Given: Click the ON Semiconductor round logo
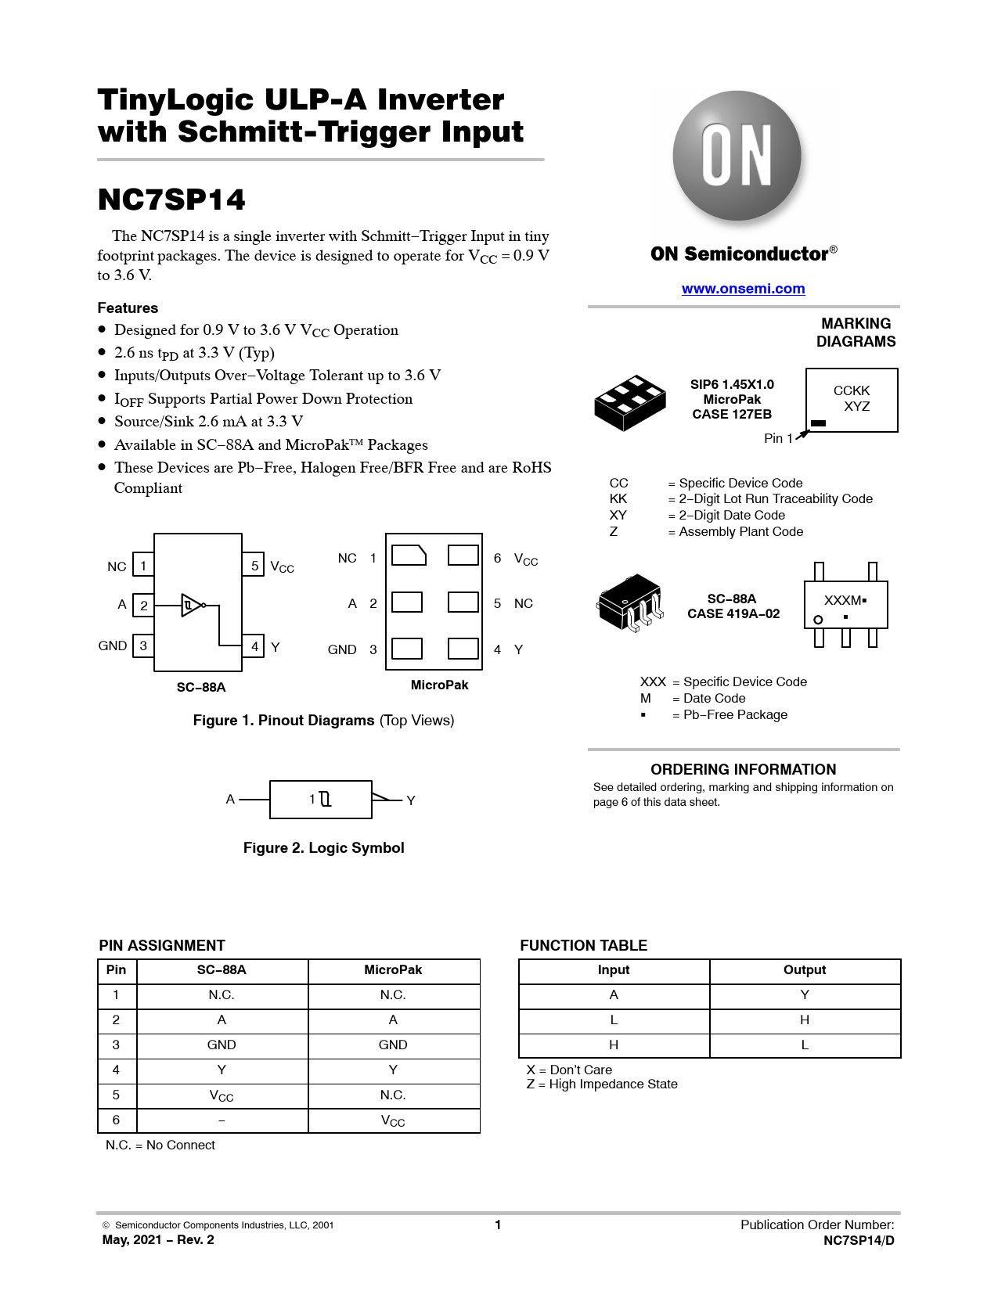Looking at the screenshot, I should click(x=737, y=156).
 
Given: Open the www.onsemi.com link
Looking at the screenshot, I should click(x=743, y=289).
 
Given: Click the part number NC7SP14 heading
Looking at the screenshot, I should click(x=171, y=200).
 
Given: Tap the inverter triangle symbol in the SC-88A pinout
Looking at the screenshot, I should click(x=191, y=605).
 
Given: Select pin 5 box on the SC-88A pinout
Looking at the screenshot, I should click(x=254, y=565).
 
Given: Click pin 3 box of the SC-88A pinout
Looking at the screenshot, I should click(x=143, y=645).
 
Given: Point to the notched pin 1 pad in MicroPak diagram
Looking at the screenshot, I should click(x=408, y=556).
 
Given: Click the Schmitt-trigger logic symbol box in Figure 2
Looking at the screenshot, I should click(x=320, y=799).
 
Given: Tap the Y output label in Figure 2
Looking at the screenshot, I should click(x=411, y=800).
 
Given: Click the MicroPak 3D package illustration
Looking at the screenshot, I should click(x=629, y=402).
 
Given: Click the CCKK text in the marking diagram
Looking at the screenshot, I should click(x=852, y=390).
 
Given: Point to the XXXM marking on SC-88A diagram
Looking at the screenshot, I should click(x=843, y=600).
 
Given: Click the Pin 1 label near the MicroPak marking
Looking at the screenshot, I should click(x=778, y=438).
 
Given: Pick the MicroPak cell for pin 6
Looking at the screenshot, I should click(x=393, y=1120).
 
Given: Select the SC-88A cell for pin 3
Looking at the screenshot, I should click(x=222, y=1045).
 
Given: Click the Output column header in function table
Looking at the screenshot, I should click(x=805, y=970).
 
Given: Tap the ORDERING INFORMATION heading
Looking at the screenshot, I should click(x=743, y=769).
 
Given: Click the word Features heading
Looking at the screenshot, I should click(x=128, y=308).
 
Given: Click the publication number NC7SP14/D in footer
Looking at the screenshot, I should click(x=859, y=1240).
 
